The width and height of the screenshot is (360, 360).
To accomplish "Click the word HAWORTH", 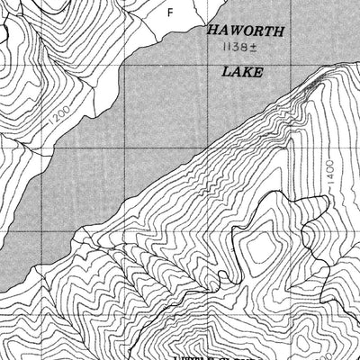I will point(246,31).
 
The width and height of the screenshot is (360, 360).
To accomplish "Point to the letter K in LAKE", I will point(247,72).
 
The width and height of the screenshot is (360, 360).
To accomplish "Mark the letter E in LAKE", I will point(258,72).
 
